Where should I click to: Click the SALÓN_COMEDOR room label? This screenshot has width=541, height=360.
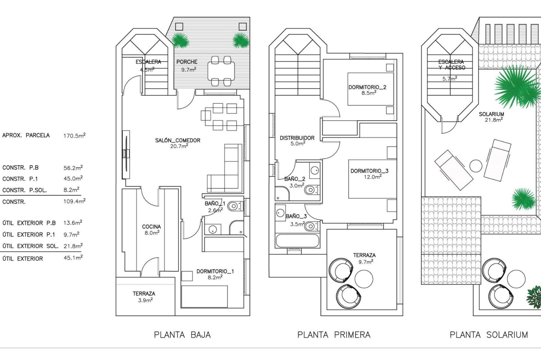178,140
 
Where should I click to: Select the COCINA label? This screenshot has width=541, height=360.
152,227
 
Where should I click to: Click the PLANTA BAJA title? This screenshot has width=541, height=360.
182,335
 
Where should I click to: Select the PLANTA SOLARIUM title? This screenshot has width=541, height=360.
489,335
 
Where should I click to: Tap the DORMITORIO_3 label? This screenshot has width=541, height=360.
369,171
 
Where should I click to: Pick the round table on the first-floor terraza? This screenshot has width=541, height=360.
364,278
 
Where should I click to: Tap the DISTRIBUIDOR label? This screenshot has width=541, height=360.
297,138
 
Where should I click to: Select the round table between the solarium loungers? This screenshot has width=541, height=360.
476,166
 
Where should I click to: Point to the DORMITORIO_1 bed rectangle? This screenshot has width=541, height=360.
205,296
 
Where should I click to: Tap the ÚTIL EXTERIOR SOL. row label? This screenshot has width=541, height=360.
30,246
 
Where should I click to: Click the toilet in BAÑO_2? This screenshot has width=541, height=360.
311,190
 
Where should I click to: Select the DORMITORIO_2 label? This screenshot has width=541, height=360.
367,87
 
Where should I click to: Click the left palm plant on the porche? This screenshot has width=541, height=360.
179,40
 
